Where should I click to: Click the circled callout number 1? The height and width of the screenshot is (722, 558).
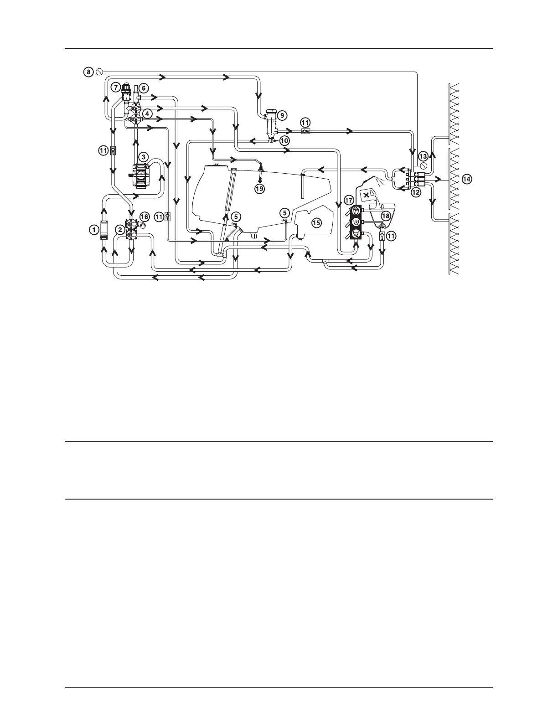[93, 230]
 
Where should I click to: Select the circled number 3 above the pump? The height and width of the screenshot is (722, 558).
[143, 157]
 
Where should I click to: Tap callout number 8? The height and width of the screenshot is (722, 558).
[89, 72]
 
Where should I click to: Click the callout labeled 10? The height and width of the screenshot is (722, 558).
[284, 141]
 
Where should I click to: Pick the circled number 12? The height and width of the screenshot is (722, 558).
[415, 193]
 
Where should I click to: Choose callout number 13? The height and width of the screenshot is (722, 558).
[423, 156]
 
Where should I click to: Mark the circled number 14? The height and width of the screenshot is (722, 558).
[466, 179]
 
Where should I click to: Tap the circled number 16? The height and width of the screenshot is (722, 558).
[144, 217]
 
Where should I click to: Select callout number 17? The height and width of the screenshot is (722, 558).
[349, 200]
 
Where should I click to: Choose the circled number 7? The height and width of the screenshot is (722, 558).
[116, 87]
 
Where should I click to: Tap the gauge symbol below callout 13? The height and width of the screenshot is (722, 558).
[424, 165]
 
